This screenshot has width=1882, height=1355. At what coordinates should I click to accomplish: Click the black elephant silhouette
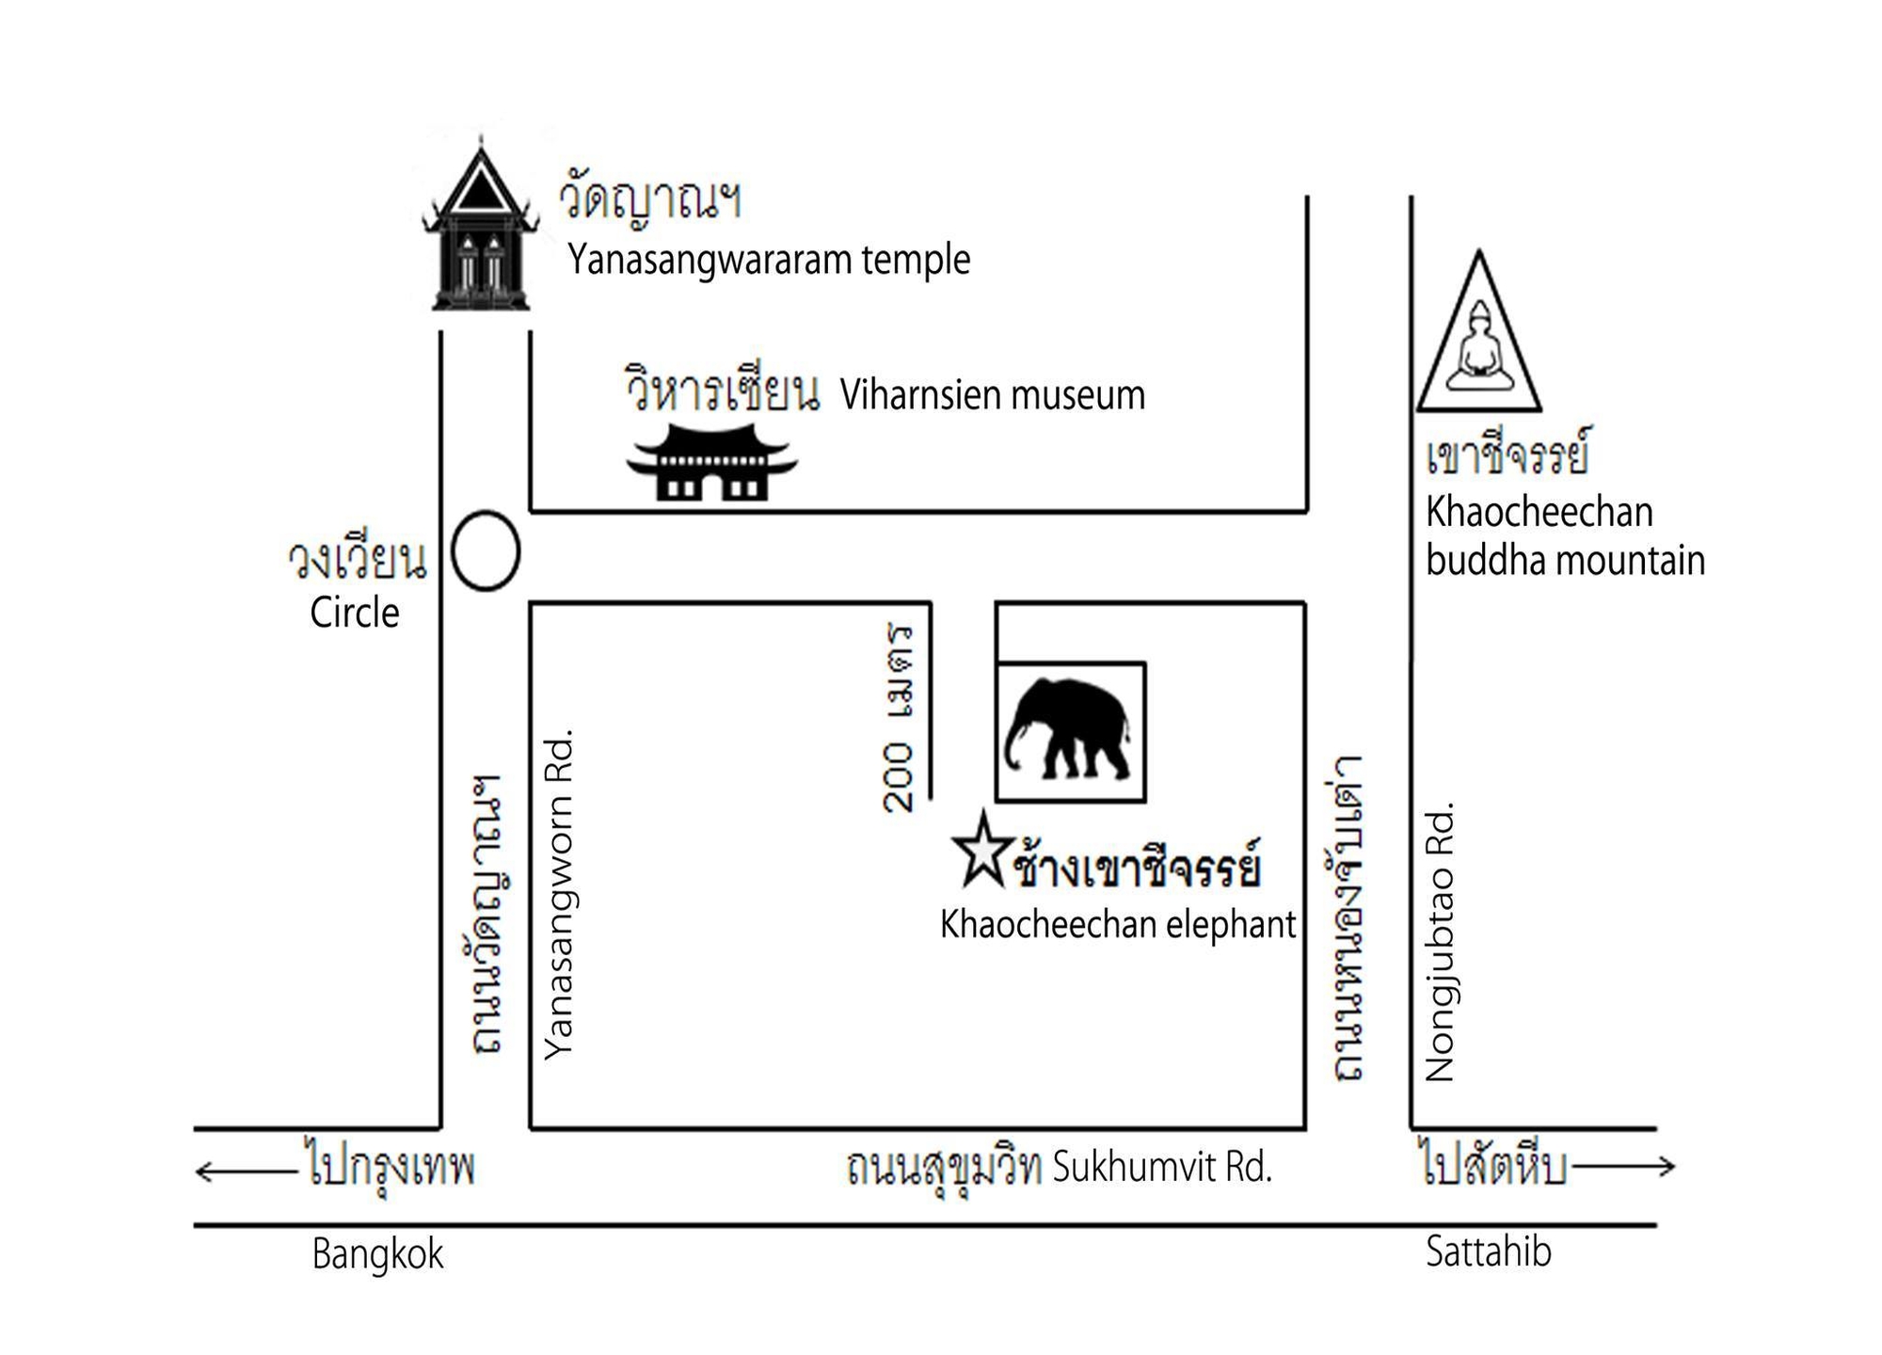click(x=1069, y=728)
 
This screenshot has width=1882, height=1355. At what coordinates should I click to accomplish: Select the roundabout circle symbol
click(x=486, y=551)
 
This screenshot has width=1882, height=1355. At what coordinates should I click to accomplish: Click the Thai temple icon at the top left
click(x=481, y=231)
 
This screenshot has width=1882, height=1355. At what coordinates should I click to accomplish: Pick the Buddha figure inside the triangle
click(x=1479, y=348)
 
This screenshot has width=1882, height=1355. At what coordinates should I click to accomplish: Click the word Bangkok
click(x=377, y=1254)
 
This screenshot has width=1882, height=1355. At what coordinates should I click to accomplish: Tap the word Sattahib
click(x=1488, y=1251)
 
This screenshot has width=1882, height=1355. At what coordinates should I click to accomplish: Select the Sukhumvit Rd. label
click(x=1162, y=1167)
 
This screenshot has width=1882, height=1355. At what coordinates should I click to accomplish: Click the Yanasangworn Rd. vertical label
click(x=560, y=895)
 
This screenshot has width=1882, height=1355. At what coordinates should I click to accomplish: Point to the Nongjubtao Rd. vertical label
click(x=1441, y=942)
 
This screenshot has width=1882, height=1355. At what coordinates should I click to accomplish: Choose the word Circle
click(x=355, y=613)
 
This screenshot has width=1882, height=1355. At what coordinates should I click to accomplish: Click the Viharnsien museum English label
click(x=993, y=395)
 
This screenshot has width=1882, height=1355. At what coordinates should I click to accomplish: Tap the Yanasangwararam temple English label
click(x=768, y=260)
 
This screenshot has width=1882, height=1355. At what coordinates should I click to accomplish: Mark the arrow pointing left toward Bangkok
click(x=245, y=1172)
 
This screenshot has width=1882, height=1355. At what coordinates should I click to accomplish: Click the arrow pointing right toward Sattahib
click(x=1624, y=1167)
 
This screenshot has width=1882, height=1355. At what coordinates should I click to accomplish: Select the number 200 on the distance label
click(x=900, y=777)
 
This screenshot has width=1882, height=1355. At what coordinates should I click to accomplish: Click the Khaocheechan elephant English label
click(x=1118, y=925)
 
